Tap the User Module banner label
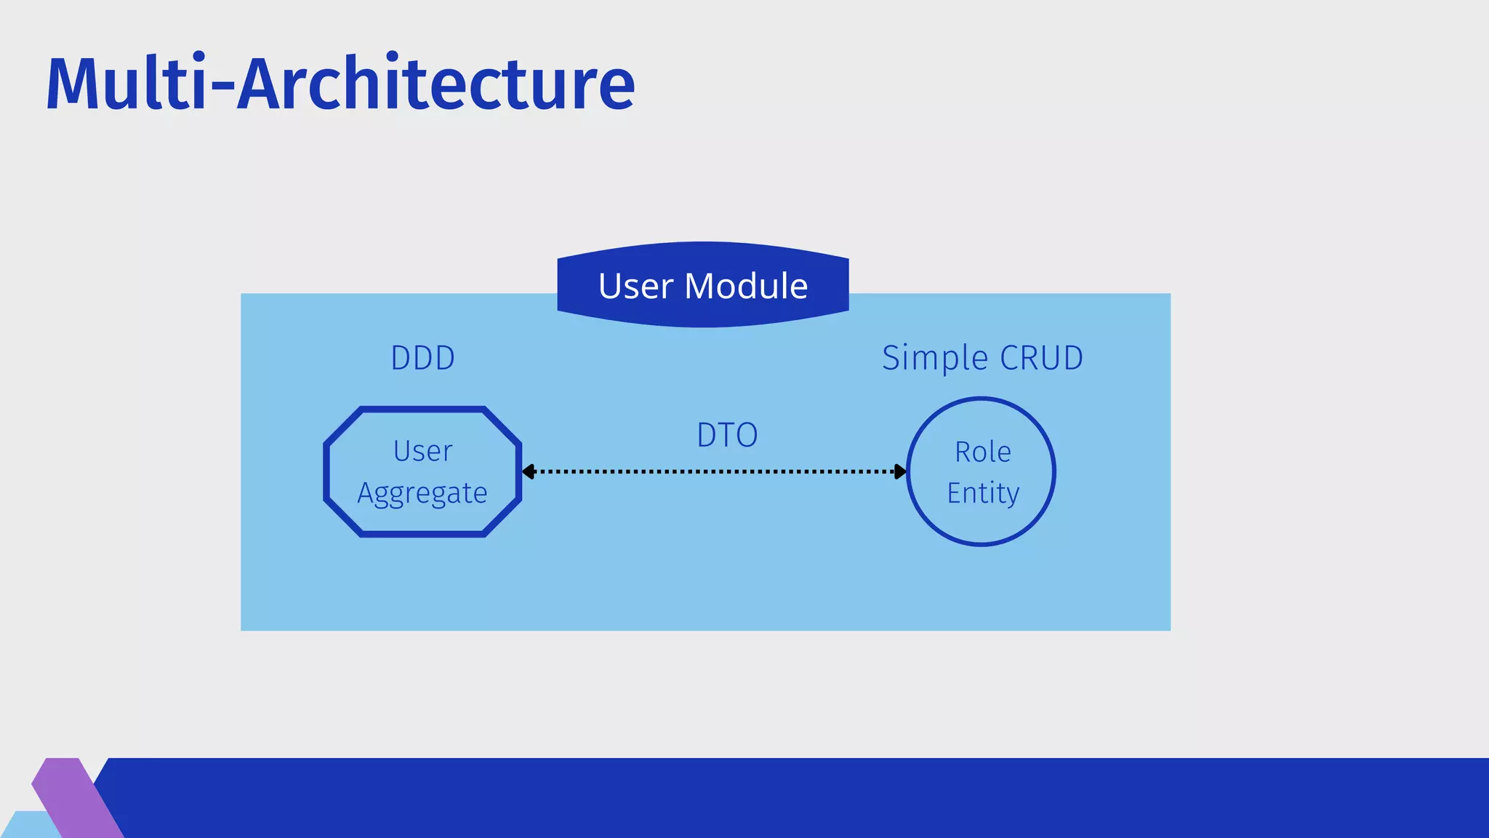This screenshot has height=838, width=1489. click(702, 285)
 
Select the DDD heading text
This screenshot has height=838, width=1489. click(422, 358)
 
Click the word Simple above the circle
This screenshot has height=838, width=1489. click(934, 358)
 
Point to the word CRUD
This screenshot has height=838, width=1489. click(1041, 358)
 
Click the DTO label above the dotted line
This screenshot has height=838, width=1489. click(727, 435)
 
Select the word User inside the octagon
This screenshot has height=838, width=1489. click(422, 451)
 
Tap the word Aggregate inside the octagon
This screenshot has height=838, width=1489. click(422, 493)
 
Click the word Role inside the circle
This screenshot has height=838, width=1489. click(982, 452)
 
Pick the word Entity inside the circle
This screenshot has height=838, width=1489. click(982, 493)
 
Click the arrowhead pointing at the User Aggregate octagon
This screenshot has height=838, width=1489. click(529, 471)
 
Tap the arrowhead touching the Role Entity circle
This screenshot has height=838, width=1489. click(900, 471)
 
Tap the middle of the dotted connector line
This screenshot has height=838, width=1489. click(714, 471)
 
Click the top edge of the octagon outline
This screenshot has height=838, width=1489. click(422, 410)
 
